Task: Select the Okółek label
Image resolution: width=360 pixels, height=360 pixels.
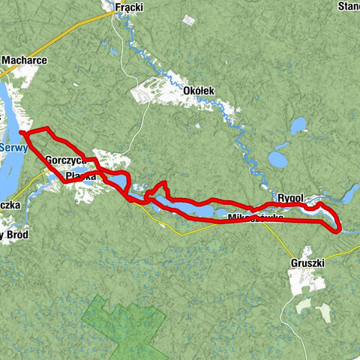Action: (x=199, y=91)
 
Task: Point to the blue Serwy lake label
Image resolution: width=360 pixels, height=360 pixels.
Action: (x=13, y=148)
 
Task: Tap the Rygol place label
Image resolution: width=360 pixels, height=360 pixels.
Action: (x=289, y=198)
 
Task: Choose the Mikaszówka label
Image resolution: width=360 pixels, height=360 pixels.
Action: (x=254, y=217)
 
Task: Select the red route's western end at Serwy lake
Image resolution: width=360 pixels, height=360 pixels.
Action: (x=22, y=134)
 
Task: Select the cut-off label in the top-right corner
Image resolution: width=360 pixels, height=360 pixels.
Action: (x=348, y=7)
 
